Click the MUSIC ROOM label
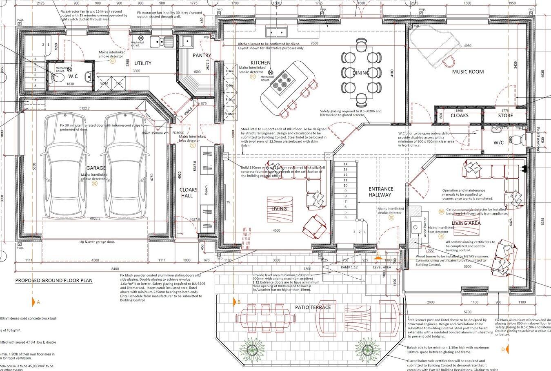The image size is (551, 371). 468,72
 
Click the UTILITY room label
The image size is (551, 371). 143,63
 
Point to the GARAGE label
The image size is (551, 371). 96,168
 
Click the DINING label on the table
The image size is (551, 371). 361,73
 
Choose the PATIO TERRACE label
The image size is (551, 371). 313,307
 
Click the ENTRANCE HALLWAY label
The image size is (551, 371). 381,192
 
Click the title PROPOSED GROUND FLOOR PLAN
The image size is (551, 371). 53,281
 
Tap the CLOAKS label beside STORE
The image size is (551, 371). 459,116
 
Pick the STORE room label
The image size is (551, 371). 505,116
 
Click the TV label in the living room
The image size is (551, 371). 228,202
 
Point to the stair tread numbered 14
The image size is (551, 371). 345,164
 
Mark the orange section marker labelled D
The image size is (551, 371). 503,349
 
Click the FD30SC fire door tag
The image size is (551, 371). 178,133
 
